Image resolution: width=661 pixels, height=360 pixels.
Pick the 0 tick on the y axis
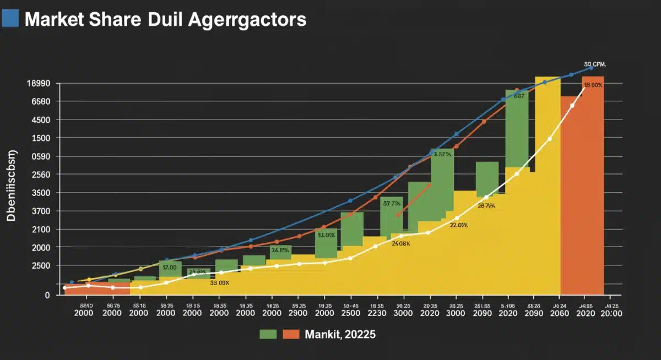47,295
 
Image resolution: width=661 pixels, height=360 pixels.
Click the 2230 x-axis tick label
377,313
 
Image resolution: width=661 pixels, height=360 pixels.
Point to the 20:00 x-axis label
611,313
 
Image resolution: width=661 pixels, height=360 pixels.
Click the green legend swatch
268,334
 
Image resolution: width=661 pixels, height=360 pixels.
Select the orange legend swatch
291,334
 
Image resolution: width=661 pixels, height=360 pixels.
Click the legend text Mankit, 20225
341,334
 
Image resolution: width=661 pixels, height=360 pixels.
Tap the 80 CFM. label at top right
595,64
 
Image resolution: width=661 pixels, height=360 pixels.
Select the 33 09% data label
219,283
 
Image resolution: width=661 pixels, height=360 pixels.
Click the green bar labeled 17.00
170,268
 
